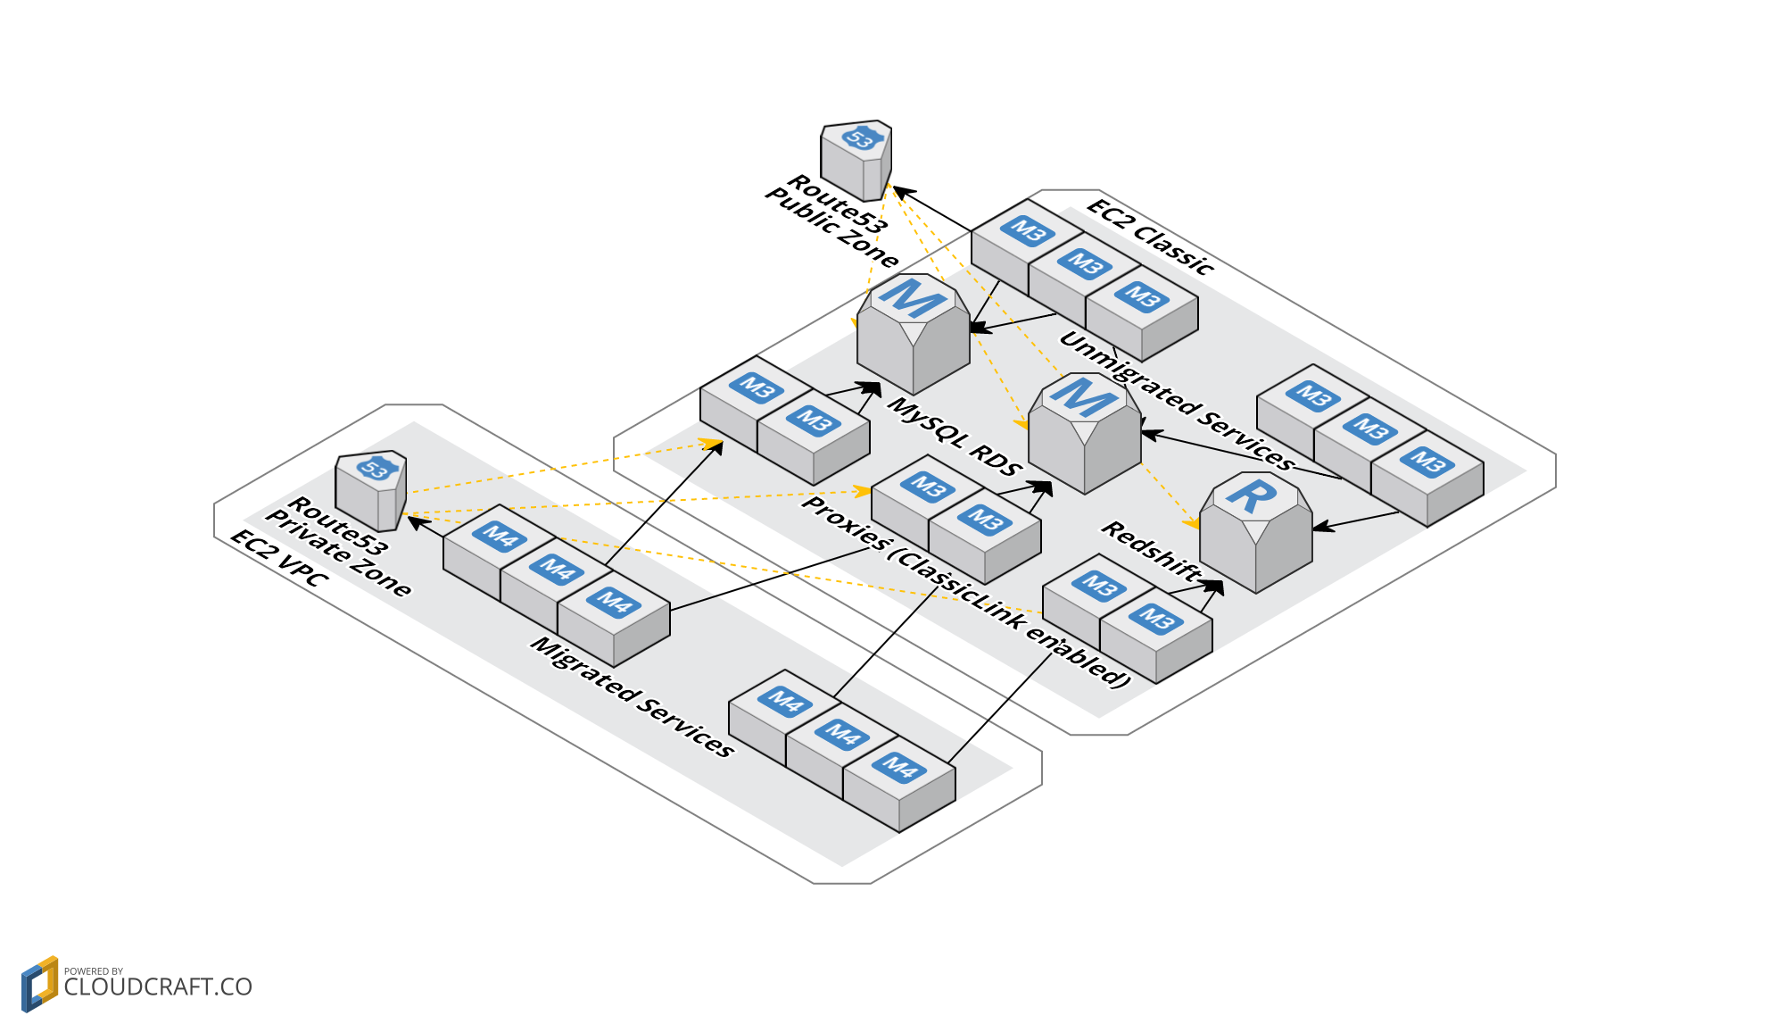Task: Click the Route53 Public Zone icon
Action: [x=856, y=161]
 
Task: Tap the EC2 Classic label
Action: [x=1151, y=237]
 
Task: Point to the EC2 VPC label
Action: [x=279, y=557]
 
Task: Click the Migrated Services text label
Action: [x=633, y=696]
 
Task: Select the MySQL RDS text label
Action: [x=954, y=436]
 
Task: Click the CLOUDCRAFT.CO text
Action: [x=158, y=987]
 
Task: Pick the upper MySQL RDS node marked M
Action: [x=913, y=335]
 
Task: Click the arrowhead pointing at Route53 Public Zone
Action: [x=901, y=191]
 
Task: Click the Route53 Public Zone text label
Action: [x=831, y=220]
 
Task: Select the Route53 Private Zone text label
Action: [x=338, y=545]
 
